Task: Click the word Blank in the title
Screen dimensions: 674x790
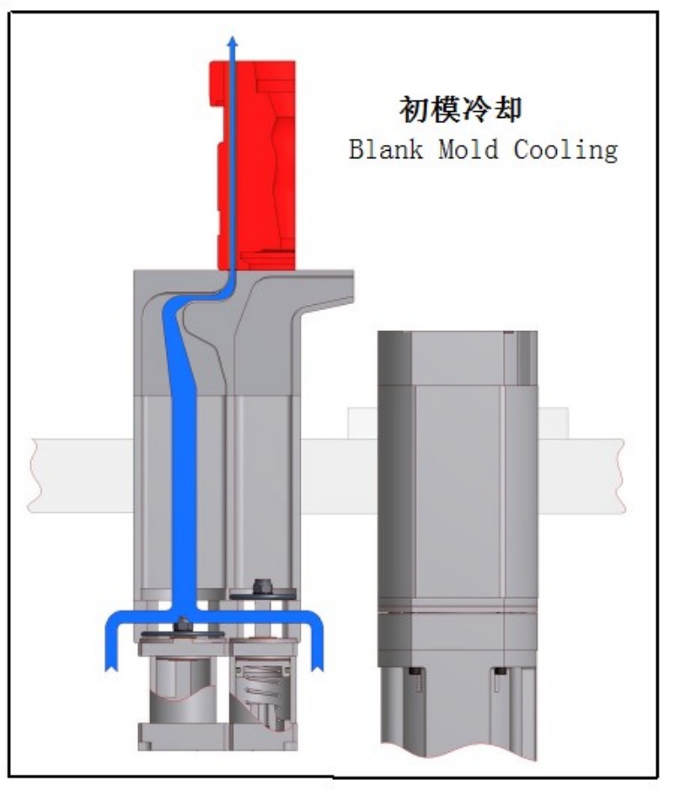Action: [386, 149]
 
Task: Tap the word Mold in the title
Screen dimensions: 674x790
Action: [468, 149]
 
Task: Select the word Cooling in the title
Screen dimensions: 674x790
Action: [565, 151]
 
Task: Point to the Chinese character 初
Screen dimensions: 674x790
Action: [414, 109]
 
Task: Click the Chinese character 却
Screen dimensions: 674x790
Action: [507, 109]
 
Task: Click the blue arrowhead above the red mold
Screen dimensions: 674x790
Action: [233, 41]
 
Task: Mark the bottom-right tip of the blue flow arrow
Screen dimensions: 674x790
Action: [317, 670]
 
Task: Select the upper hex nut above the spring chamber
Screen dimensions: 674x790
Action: [261, 586]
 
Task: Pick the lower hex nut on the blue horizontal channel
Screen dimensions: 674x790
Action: [182, 625]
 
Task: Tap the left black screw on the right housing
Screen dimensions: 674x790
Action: [415, 671]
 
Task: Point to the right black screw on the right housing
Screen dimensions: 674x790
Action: [500, 671]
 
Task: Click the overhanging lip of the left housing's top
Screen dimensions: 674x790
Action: [328, 287]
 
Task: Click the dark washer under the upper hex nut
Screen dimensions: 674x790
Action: [263, 595]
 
